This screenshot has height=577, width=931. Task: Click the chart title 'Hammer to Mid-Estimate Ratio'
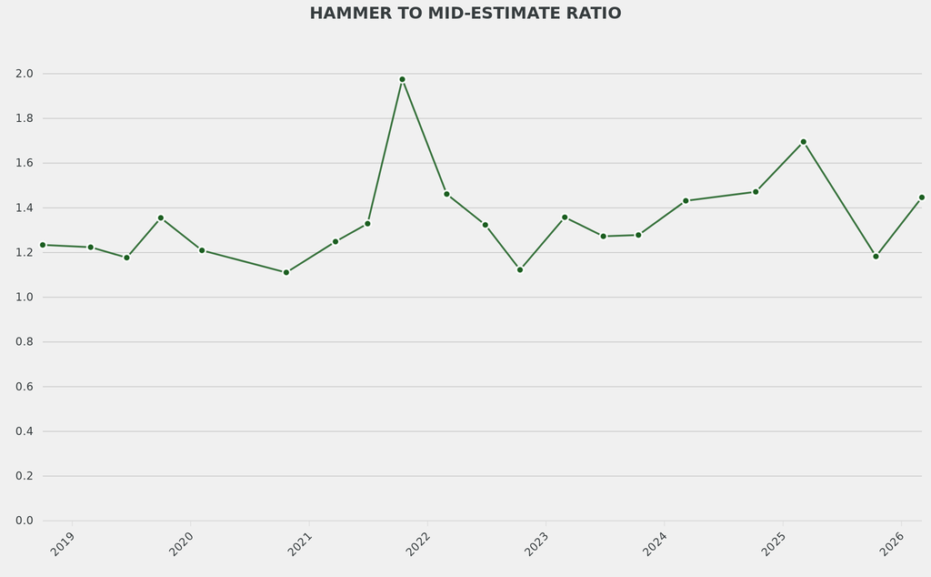pos(465,14)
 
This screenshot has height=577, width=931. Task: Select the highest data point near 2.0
pos(402,79)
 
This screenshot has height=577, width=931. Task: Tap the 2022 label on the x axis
pos(418,544)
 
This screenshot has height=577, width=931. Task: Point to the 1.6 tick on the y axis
pos(25,163)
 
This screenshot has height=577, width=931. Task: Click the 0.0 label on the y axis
pos(25,521)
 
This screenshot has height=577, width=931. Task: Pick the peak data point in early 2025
pos(803,142)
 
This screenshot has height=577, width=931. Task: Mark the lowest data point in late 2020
pos(285,272)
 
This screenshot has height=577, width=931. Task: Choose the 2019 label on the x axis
pos(63,544)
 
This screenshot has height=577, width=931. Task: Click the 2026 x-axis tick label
pos(891,544)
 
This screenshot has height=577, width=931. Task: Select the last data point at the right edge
pos(921,197)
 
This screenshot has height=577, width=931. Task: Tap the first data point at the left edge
pos(43,245)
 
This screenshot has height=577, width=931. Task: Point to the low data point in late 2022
pos(520,269)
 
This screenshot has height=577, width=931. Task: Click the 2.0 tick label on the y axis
pos(25,74)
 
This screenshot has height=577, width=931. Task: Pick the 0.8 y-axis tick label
pos(25,342)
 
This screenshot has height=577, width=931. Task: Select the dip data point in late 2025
pos(876,256)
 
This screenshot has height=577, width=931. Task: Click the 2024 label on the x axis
pos(655,544)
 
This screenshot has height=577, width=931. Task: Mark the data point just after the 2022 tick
pos(446,194)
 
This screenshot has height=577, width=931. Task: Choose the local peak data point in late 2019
pos(161,218)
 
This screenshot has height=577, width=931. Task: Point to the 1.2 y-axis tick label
pos(25,252)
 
